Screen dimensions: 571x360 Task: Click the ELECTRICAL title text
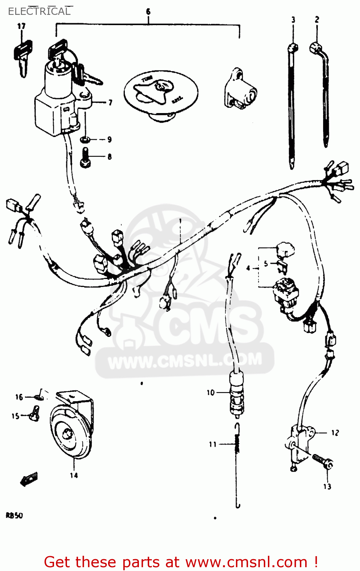pyautogui.click(x=39, y=11)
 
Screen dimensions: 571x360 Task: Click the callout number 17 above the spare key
pyautogui.click(x=21, y=26)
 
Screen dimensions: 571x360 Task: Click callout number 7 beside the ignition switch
pyautogui.click(x=110, y=102)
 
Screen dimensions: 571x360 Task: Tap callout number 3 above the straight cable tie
pyautogui.click(x=293, y=20)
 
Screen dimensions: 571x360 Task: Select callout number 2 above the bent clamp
pyautogui.click(x=317, y=19)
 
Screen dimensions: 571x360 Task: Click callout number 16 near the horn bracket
pyautogui.click(x=19, y=397)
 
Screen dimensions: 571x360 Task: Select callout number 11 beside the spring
pyautogui.click(x=212, y=444)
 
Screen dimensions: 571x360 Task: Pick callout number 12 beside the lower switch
pyautogui.click(x=335, y=433)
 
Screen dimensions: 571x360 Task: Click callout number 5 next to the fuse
pyautogui.click(x=266, y=263)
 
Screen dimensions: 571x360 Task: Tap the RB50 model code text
pyautogui.click(x=14, y=516)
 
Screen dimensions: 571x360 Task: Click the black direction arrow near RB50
pyautogui.click(x=29, y=479)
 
